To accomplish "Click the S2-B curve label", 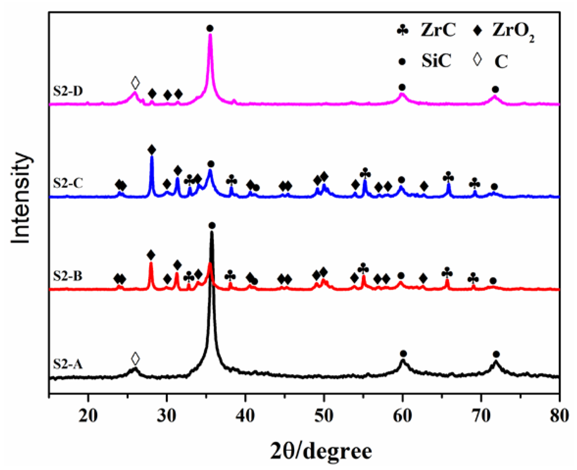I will point(67,276).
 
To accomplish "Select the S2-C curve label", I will point(67,183).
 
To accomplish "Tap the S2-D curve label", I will point(67,91).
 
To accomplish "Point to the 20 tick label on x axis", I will point(88,416).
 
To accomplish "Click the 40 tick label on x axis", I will point(245,416).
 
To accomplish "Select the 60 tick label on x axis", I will point(402,416).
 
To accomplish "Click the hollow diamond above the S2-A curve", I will point(135,359).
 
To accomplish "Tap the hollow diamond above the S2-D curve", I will point(135,83).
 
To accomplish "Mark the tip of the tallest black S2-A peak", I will point(212,232).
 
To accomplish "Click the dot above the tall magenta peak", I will point(210,28).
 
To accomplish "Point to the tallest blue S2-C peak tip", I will point(152,157).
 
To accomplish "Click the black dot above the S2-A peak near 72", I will point(496,354).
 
